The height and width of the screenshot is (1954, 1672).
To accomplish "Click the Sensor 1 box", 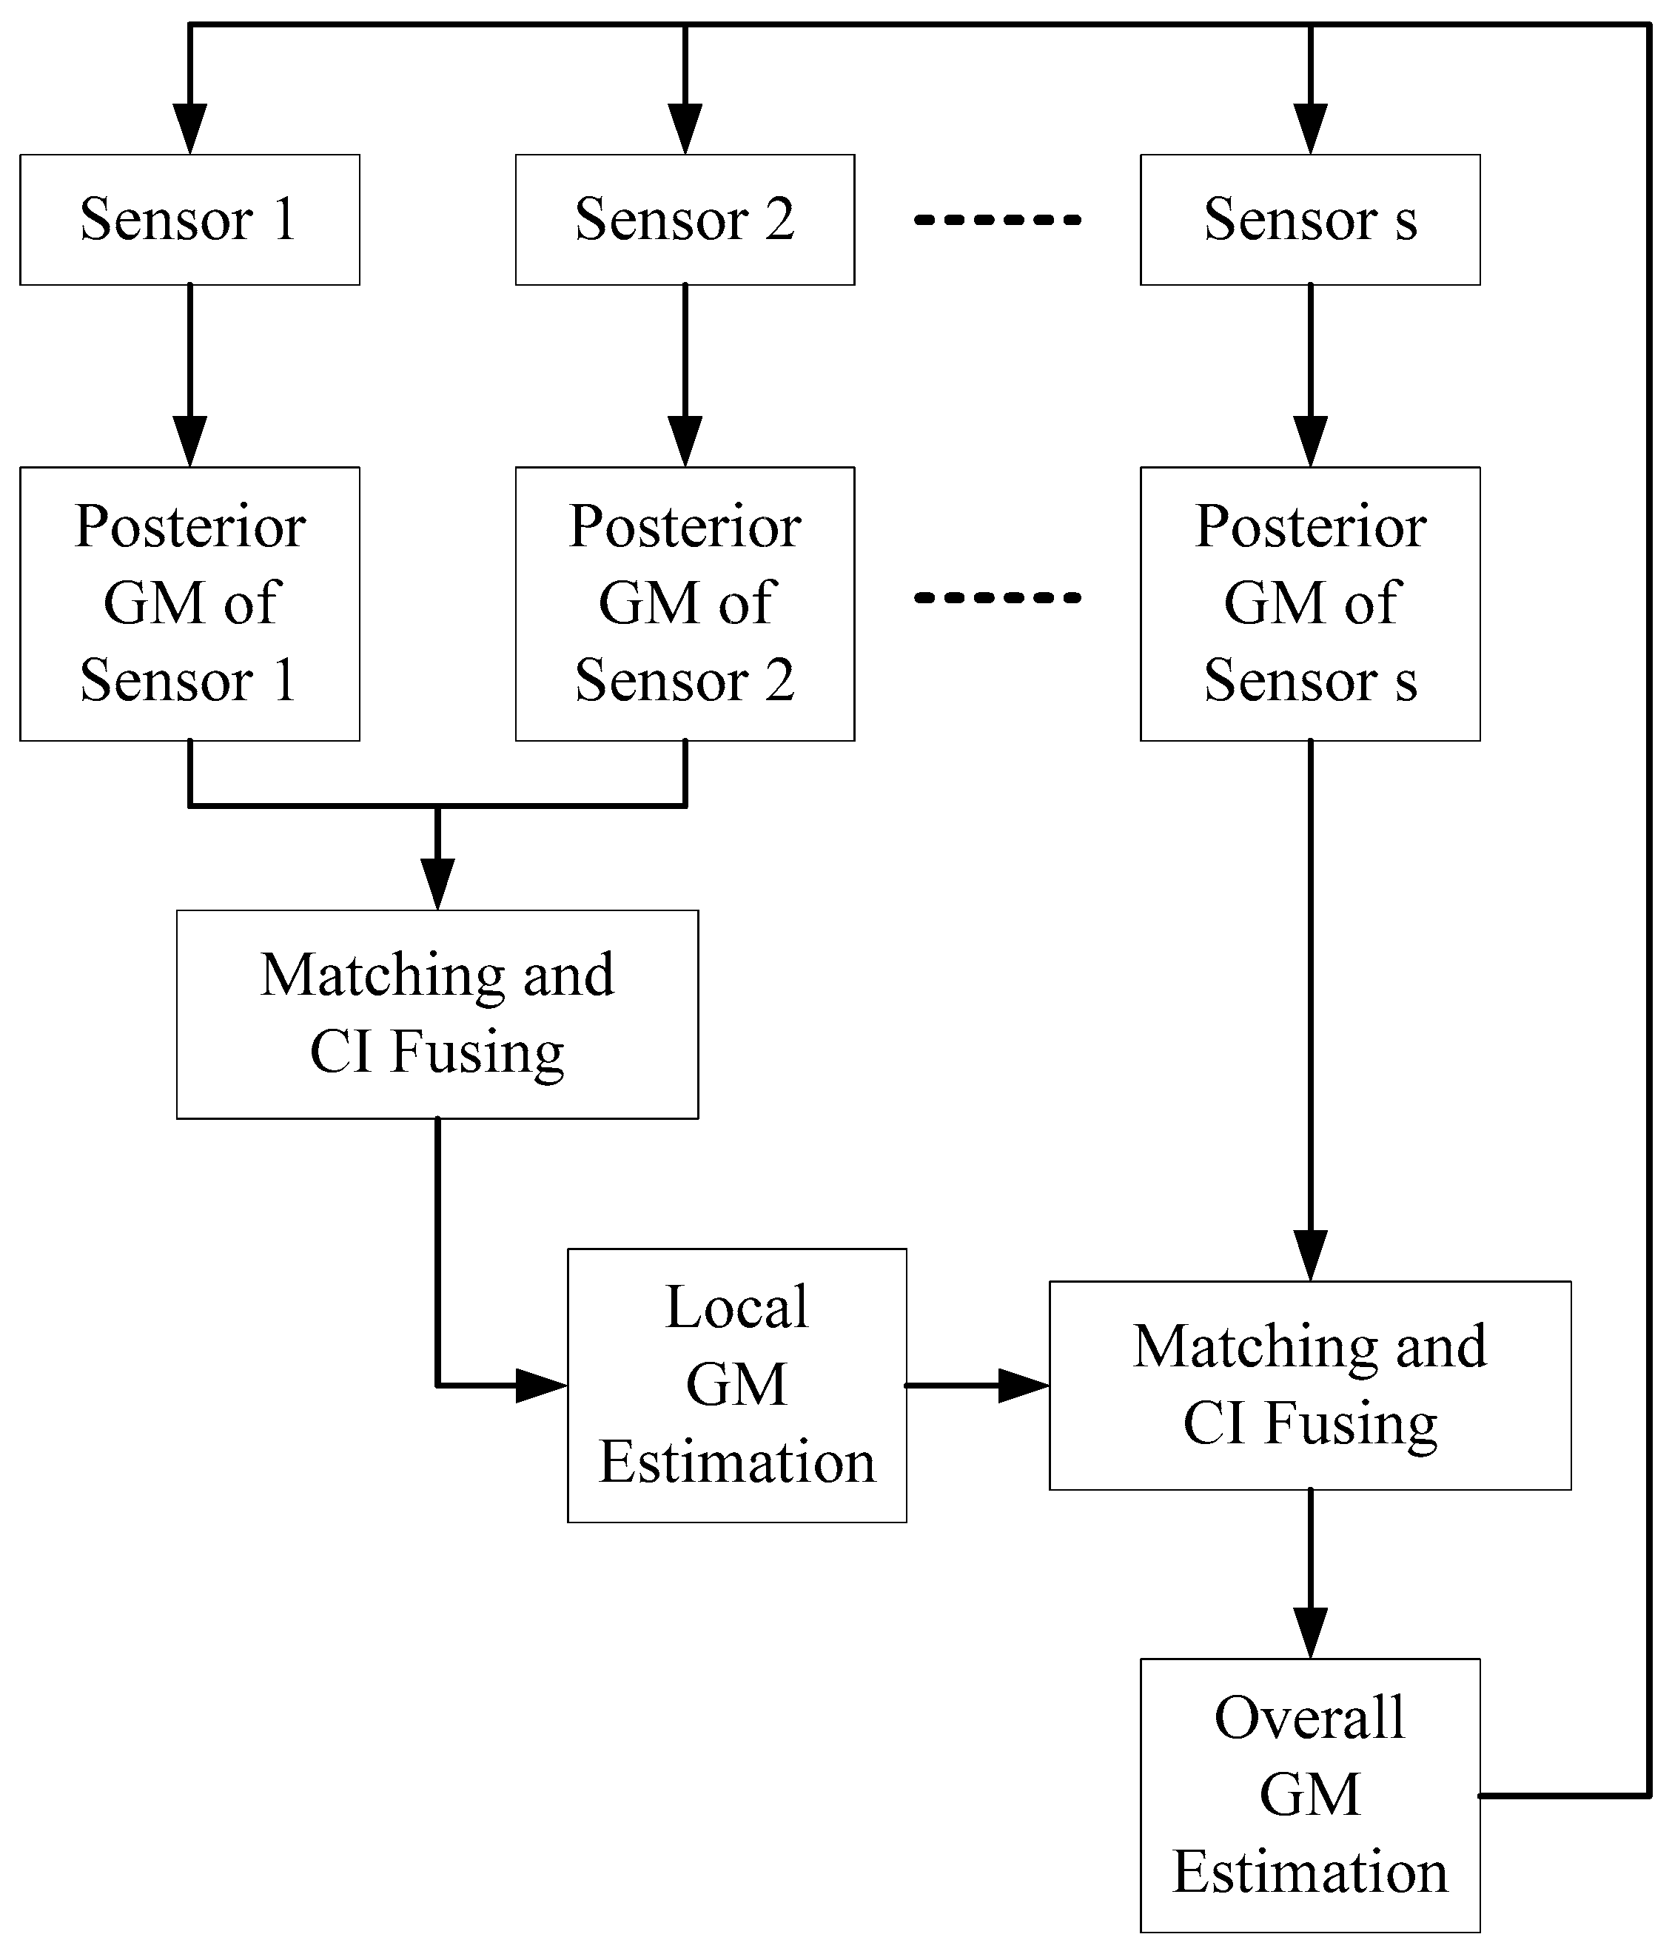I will click(189, 220).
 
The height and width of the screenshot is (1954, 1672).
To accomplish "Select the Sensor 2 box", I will click(685, 220).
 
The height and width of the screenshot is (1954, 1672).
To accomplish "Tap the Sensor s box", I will click(1310, 220).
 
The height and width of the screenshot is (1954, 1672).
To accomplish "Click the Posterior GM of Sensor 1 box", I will click(189, 603).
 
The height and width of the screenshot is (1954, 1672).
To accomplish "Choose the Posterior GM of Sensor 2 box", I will click(685, 603).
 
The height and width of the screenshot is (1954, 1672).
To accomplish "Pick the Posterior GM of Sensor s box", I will click(1310, 603).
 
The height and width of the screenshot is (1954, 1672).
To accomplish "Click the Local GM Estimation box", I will click(736, 1386).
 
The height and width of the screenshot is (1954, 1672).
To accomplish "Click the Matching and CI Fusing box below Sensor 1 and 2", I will click(437, 1014).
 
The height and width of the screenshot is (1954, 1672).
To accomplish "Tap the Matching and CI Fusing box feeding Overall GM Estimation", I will click(1310, 1386).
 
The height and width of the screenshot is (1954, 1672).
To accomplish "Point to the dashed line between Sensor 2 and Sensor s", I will click(998, 220).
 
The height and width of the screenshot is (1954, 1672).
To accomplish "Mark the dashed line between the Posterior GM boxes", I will click(998, 597).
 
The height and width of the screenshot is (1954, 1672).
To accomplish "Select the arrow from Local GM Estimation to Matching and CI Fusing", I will click(976, 1386).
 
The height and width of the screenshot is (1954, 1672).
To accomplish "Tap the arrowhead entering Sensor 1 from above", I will click(189, 130).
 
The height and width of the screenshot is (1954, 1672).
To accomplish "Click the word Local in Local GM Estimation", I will click(736, 1307).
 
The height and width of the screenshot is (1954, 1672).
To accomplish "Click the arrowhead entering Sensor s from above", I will click(1310, 130).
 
